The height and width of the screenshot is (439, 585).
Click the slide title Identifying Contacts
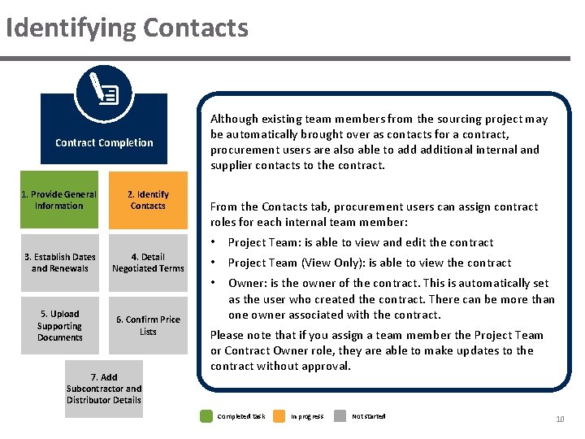coord(126,28)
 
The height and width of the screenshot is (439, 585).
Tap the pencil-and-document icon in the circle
coord(103,92)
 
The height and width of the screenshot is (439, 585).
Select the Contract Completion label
coord(104,143)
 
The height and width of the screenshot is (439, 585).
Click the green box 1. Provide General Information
coord(58,200)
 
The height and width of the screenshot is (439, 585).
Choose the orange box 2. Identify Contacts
coord(148,200)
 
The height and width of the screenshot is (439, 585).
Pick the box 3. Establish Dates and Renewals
coord(59,263)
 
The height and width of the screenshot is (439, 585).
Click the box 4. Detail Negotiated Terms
coord(148,263)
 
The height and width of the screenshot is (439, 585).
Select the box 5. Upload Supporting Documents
coord(59,325)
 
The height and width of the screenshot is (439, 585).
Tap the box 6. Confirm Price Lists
coord(148,325)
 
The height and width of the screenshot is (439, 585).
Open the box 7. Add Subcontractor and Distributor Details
coord(104,389)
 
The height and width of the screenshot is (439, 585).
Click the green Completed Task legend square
coord(206,416)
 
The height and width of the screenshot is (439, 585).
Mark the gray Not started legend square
coord(343,416)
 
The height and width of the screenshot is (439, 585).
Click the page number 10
coord(560,419)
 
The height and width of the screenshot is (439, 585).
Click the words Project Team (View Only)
coord(288,263)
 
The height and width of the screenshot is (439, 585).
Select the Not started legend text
coord(369,416)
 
